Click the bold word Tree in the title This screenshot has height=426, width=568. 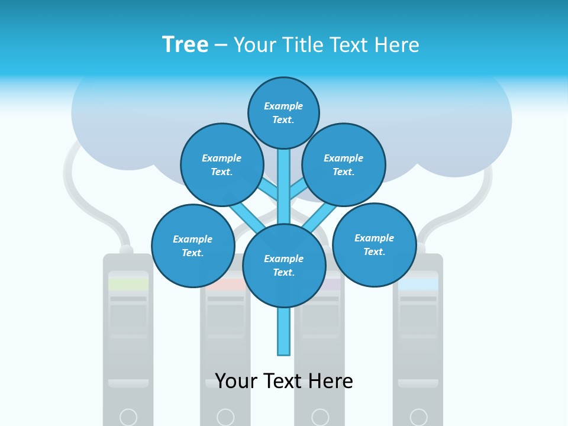[x=185, y=44]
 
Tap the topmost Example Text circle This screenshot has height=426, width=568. [x=283, y=112]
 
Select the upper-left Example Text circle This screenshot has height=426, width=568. [x=222, y=164]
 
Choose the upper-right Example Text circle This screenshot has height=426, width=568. [x=344, y=164]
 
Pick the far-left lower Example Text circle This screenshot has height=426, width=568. [x=193, y=246]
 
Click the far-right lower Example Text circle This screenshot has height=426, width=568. [x=374, y=244]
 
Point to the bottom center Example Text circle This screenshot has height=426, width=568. [x=284, y=266]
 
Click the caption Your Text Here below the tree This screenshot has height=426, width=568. [x=284, y=381]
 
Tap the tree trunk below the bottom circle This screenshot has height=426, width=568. [x=284, y=331]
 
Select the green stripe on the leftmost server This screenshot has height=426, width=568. [x=128, y=284]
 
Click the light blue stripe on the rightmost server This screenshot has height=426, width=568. [x=418, y=284]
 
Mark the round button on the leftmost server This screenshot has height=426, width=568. [x=128, y=417]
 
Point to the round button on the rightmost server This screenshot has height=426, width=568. [x=418, y=417]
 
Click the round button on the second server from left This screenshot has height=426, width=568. [x=225, y=417]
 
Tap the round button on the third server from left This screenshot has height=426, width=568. [x=320, y=417]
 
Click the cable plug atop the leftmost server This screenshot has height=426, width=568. [x=126, y=250]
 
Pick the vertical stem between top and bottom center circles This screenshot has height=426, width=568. [x=284, y=186]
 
